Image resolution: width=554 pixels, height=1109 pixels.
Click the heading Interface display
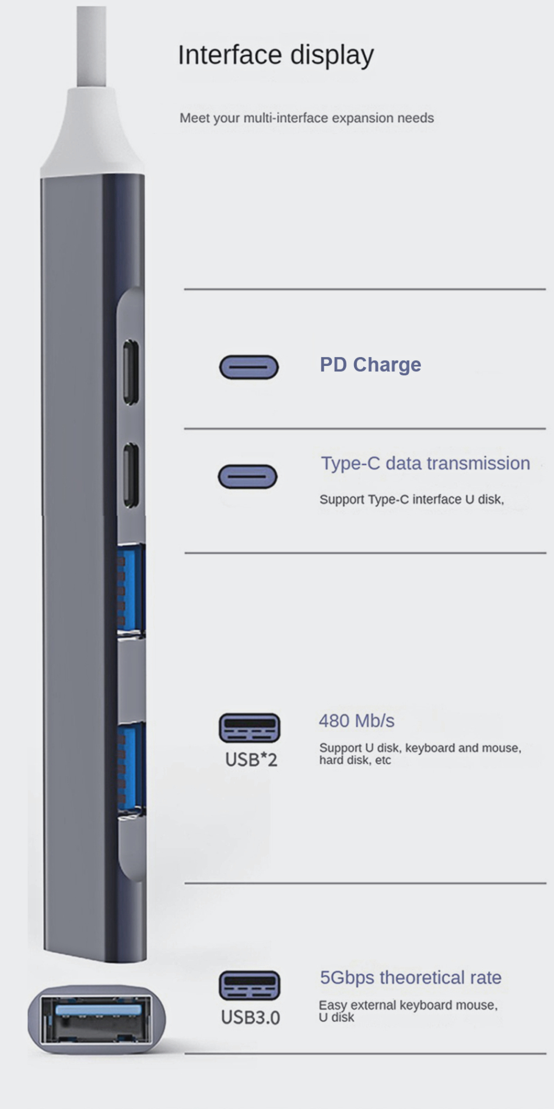pyautogui.click(x=275, y=55)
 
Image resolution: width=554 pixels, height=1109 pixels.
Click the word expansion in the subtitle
pyautogui.click(x=363, y=118)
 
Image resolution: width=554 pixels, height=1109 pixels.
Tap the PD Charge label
pyautogui.click(x=370, y=365)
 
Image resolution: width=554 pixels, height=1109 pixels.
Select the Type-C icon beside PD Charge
pyautogui.click(x=249, y=367)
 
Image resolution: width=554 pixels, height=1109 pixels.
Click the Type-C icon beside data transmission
pyautogui.click(x=248, y=476)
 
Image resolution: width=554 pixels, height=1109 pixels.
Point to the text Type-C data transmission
pyautogui.click(x=425, y=463)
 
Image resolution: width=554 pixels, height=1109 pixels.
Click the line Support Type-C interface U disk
pyautogui.click(x=411, y=500)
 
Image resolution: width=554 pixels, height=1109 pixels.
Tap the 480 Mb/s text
pyautogui.click(x=356, y=721)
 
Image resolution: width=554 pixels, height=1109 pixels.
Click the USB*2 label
pyautogui.click(x=251, y=759)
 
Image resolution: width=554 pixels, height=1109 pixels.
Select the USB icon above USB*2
pyautogui.click(x=250, y=728)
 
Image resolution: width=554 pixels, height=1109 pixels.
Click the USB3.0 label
pyautogui.click(x=250, y=1017)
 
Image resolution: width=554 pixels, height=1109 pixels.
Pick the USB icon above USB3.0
pyautogui.click(x=250, y=985)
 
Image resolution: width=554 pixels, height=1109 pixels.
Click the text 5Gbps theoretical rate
pyautogui.click(x=411, y=978)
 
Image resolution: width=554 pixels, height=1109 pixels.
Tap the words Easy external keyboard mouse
pyautogui.click(x=408, y=1005)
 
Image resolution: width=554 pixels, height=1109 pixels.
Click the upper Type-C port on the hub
pyautogui.click(x=131, y=372)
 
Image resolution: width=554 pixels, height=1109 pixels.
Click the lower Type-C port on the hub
pyautogui.click(x=131, y=475)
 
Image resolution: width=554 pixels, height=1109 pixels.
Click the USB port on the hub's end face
pyautogui.click(x=97, y=1019)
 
